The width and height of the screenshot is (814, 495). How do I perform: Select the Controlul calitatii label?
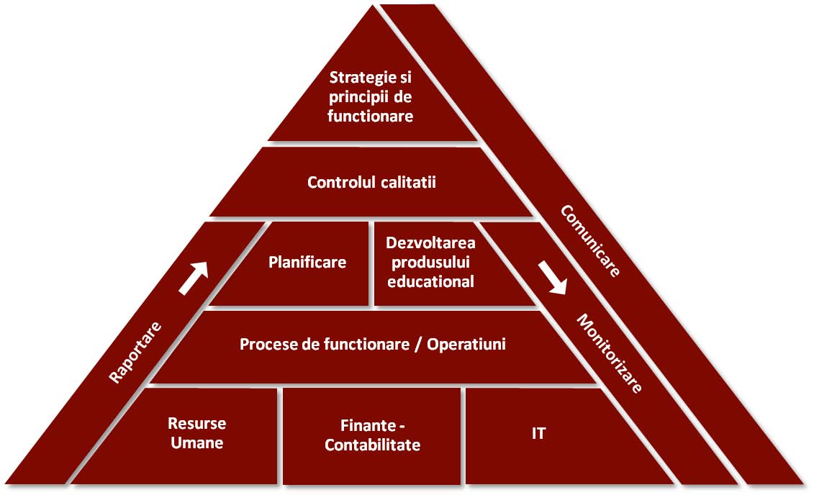click(x=371, y=182)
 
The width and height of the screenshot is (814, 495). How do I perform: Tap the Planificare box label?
click(x=307, y=262)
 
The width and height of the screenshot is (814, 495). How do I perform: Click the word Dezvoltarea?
click(x=430, y=243)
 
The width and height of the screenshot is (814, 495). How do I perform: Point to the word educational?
click(x=430, y=281)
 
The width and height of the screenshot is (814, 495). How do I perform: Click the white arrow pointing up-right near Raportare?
click(x=193, y=278)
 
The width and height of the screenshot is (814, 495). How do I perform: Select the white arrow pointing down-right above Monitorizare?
click(x=553, y=277)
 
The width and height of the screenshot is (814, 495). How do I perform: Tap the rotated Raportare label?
click(x=135, y=352)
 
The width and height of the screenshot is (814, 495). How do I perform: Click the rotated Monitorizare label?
click(x=608, y=353)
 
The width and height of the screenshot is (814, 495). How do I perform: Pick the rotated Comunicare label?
click(x=589, y=241)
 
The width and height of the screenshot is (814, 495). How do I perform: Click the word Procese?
click(x=267, y=344)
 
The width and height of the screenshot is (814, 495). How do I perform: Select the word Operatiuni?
click(x=466, y=344)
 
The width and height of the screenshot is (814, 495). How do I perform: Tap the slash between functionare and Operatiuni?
click(x=418, y=344)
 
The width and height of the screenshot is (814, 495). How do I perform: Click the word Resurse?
click(x=196, y=423)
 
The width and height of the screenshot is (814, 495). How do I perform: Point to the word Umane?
click(x=196, y=442)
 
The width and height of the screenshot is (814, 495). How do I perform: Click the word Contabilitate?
click(x=372, y=445)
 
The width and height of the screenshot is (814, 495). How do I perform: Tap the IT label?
click(x=538, y=434)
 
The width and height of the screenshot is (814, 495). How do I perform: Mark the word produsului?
click(x=430, y=263)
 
